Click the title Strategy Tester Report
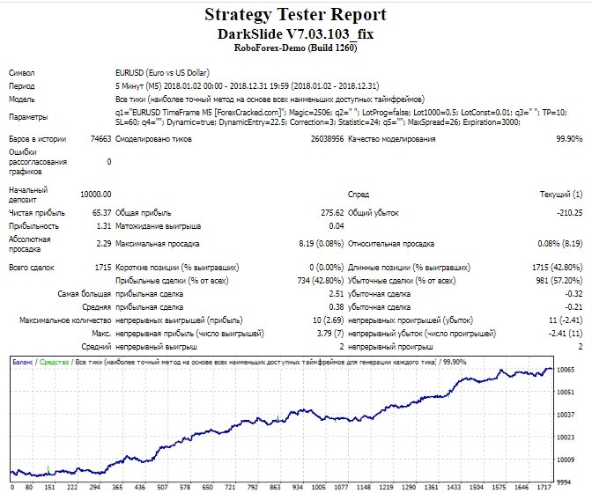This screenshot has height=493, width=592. [296, 15]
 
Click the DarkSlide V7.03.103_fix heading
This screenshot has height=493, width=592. [296, 34]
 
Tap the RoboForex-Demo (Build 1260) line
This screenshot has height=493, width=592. [296, 48]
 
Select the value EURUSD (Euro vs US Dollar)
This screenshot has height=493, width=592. [162, 73]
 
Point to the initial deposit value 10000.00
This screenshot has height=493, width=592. [95, 195]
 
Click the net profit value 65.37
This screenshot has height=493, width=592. [101, 213]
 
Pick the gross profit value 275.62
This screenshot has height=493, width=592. [332, 213]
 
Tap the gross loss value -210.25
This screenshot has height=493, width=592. [569, 213]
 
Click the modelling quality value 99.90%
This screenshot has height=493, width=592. [569, 139]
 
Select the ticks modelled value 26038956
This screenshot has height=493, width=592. [328, 139]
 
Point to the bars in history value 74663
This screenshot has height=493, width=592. [100, 139]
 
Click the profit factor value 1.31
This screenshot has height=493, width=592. [104, 226]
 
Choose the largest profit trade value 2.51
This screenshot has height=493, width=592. [337, 294]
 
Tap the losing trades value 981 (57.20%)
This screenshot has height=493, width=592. [559, 281]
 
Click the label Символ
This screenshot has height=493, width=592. [22, 73]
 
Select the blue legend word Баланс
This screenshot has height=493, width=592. [22, 362]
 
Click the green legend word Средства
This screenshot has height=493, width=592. [54, 362]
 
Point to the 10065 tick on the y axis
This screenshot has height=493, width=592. [566, 370]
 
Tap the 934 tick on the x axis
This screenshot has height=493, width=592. [298, 487]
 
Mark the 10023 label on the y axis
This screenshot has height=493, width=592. [566, 438]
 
